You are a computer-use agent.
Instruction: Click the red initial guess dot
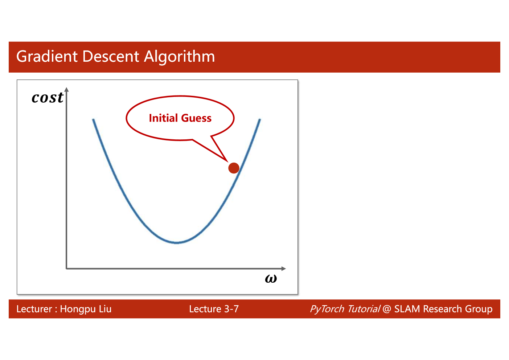coord(234,168)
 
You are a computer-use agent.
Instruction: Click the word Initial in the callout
coord(163,118)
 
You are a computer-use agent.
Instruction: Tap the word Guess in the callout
coord(196,118)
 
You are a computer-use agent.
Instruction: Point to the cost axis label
coord(48,98)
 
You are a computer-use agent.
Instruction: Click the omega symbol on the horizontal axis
coord(271,279)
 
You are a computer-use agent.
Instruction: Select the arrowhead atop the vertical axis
coord(66,89)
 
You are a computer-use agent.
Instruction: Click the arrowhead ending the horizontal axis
coord(283,269)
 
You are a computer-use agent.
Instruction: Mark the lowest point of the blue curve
coord(177,243)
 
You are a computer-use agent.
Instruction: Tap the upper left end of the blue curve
coord(93,119)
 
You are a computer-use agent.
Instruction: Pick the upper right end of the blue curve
coord(260,119)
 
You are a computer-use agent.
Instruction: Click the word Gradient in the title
coord(47,56)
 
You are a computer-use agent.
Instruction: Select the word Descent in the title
coord(111,56)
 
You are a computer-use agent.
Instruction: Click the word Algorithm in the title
coord(179,57)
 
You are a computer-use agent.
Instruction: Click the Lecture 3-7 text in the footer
coord(214,309)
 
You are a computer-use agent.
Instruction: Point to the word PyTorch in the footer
coord(327,309)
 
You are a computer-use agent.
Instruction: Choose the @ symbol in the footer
coord(387,309)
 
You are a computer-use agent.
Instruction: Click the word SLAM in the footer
coord(407,309)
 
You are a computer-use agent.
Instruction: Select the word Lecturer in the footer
coord(34,309)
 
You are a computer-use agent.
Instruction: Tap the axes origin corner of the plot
coord(66,269)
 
